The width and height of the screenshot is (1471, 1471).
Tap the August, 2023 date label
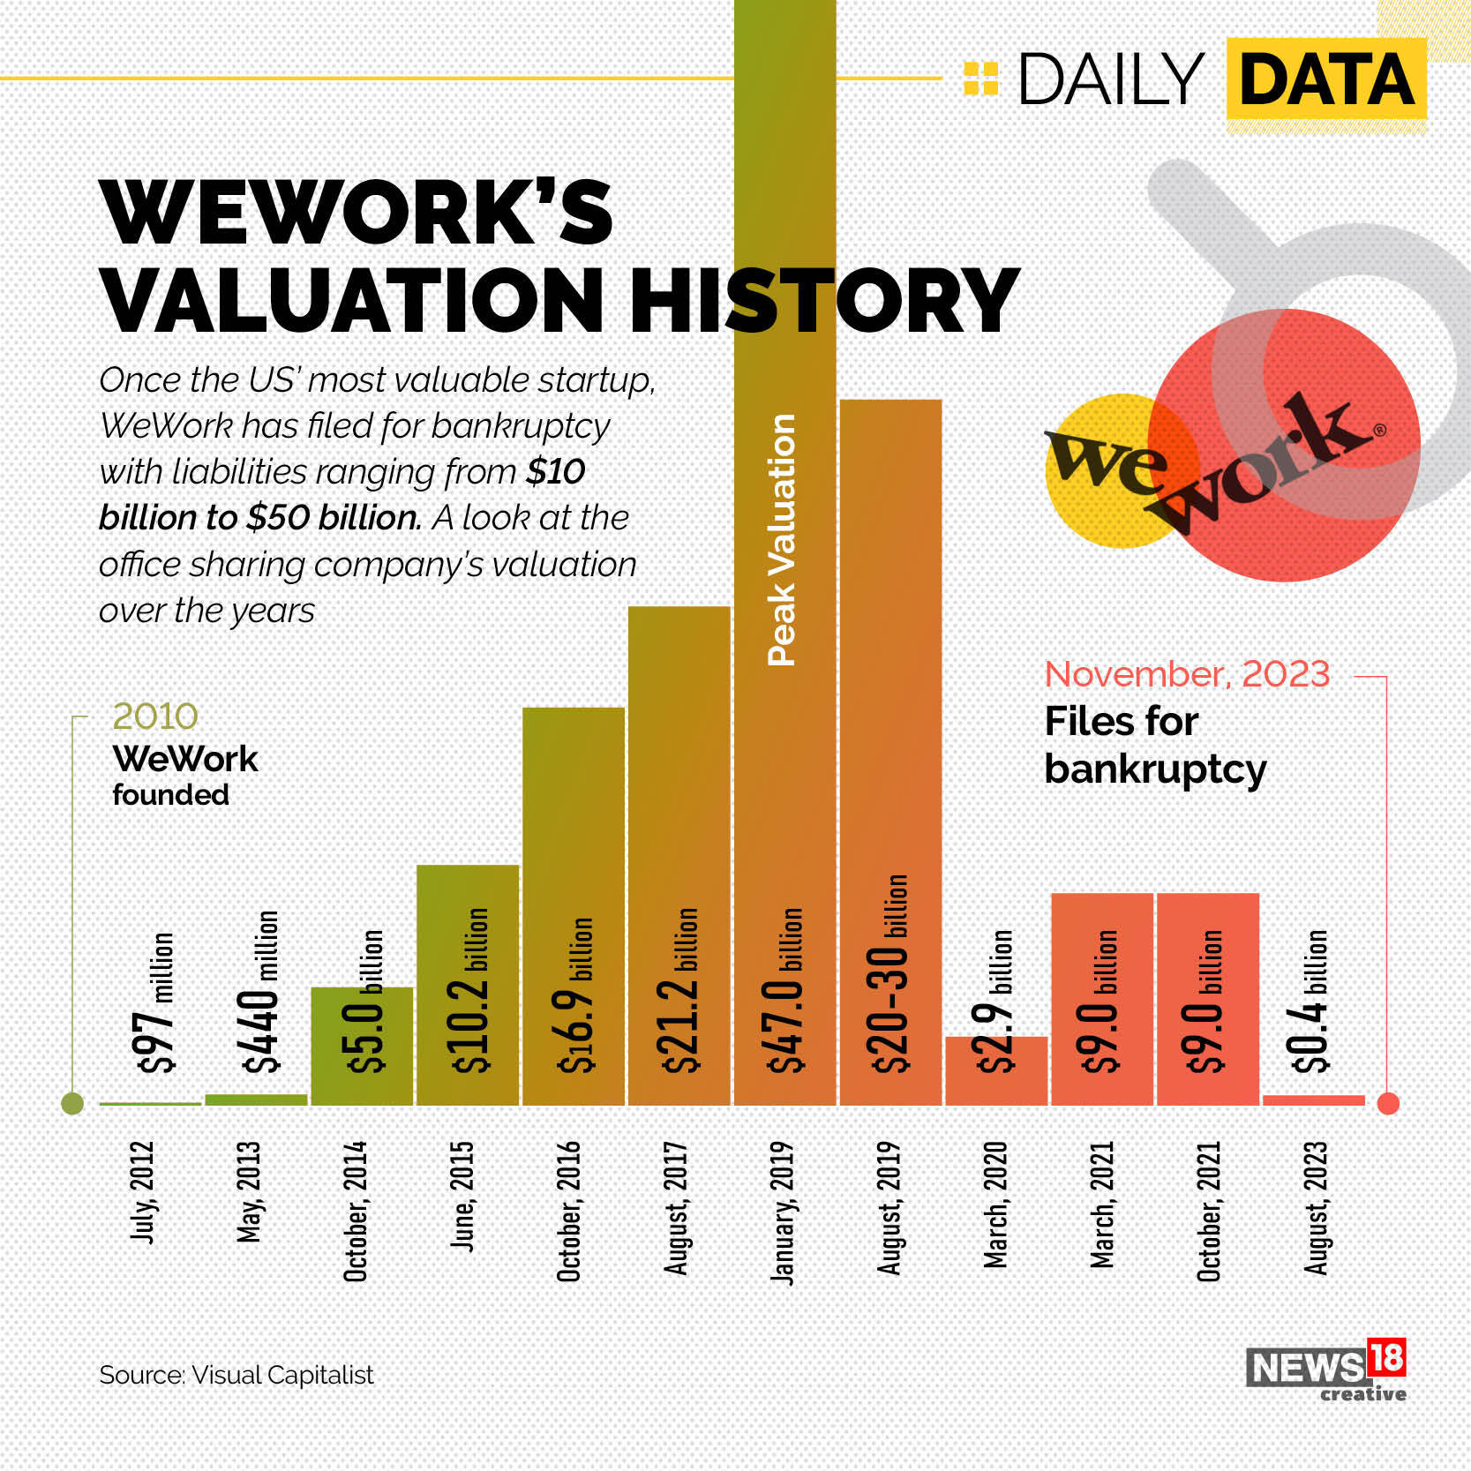1316,1208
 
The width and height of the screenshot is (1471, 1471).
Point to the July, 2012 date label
143,1192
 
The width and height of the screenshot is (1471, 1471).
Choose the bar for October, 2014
361,1046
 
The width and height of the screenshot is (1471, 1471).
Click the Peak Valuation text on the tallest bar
783,539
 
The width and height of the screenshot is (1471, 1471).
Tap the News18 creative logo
1325,1370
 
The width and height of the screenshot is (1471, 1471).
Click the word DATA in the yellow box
1326,79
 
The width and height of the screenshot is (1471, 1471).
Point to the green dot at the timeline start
72,1103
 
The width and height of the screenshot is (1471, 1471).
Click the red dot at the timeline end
1388,1103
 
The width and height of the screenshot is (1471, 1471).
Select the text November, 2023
1187,674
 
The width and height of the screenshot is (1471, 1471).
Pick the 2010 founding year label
155,717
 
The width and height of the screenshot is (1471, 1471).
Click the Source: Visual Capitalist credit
236,1375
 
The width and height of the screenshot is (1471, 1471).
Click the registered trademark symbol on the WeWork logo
1379,431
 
